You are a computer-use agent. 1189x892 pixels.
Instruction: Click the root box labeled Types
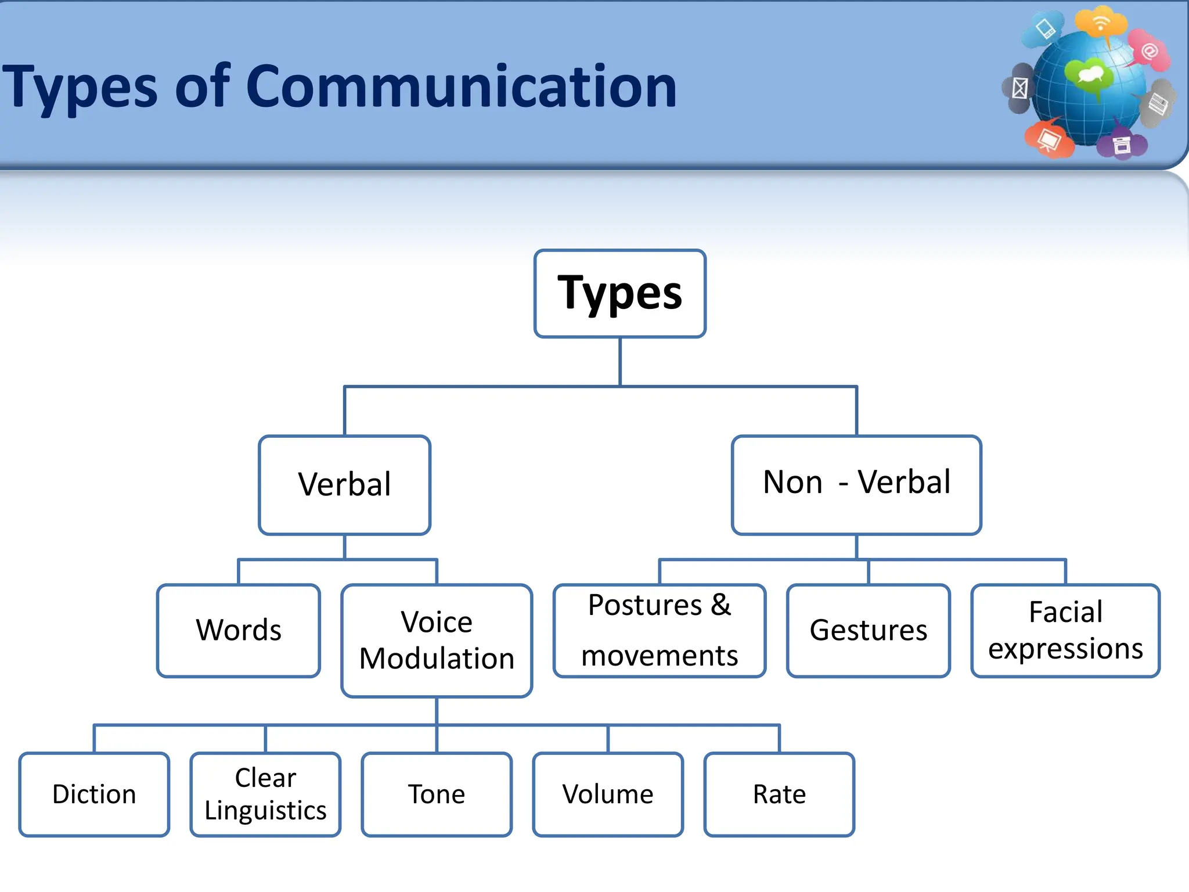[x=619, y=293]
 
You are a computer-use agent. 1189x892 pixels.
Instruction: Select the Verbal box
[x=344, y=484]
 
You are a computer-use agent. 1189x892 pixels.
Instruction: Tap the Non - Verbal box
[x=856, y=484]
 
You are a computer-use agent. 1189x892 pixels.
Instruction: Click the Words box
[x=238, y=630]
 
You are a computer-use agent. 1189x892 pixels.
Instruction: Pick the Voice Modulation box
[x=437, y=640]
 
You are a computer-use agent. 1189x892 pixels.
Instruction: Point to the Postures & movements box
[x=660, y=630]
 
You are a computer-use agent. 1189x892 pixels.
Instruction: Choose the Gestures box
[x=868, y=630]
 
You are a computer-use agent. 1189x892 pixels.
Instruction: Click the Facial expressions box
[x=1065, y=630]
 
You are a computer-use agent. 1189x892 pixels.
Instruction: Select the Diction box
[x=94, y=794]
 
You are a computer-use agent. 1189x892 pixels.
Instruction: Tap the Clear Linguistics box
[x=265, y=794]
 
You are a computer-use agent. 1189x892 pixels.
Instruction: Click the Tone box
[x=437, y=794]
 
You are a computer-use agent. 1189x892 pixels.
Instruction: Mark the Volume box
[x=608, y=794]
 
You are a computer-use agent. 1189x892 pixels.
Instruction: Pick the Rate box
[x=779, y=794]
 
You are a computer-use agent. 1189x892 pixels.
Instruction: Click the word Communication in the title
[x=462, y=87]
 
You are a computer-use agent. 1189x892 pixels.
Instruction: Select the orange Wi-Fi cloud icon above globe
[x=1100, y=23]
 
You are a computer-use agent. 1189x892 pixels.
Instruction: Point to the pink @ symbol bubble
[x=1150, y=51]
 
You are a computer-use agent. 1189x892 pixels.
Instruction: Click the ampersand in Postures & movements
[x=720, y=605]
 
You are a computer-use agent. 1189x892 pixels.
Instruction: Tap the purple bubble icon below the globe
[x=1122, y=145]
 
